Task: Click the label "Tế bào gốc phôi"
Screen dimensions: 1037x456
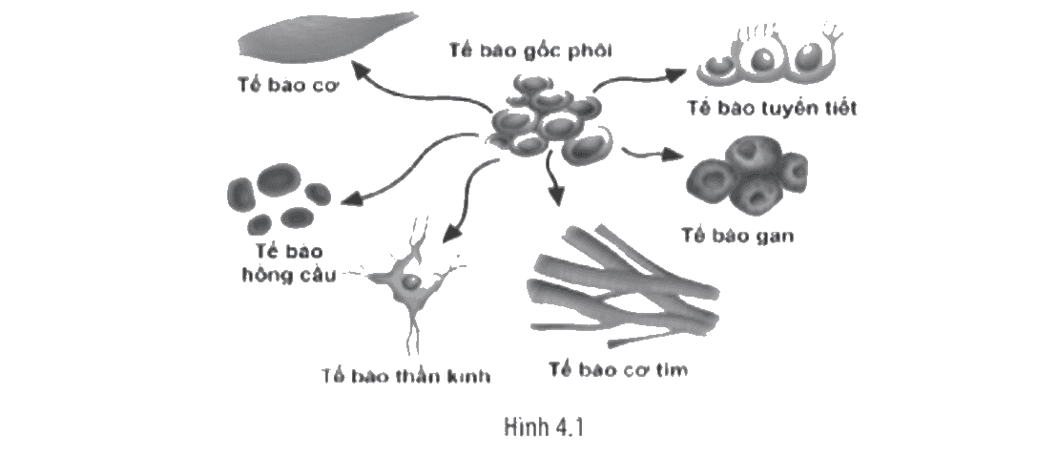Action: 529,51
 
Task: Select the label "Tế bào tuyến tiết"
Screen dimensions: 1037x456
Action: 771,108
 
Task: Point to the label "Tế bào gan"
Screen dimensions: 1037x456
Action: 737,236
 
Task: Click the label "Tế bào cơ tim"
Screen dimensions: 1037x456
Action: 618,369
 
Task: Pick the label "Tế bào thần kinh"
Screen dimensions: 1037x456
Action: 406,377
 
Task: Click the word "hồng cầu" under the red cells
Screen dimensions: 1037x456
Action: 287,274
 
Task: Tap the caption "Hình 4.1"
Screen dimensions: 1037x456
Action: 545,427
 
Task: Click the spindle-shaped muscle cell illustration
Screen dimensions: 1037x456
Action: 327,40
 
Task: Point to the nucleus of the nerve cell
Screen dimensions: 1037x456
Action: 410,282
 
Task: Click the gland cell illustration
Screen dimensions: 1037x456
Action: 767,59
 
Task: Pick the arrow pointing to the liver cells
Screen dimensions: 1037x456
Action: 652,155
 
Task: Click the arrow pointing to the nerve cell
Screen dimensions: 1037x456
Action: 467,198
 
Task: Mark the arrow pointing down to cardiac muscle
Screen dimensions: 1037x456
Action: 554,178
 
